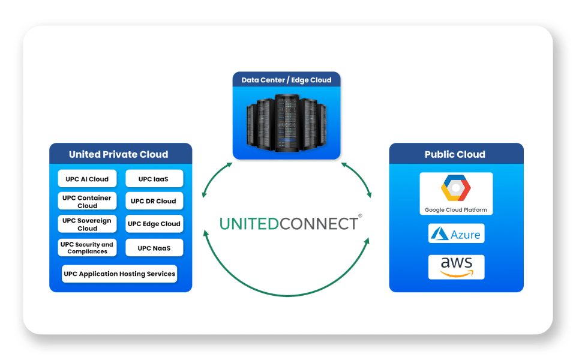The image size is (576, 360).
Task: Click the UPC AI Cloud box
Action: point(87,179)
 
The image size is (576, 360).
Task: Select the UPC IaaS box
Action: point(154,179)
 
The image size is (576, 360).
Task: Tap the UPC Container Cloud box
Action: point(87,202)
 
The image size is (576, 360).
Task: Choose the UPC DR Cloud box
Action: point(154,201)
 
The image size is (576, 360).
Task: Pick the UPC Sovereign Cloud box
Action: point(87,224)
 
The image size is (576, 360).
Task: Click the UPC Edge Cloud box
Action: point(154,224)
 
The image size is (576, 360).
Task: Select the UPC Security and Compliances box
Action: point(87,248)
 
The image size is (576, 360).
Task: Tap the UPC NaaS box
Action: point(154,248)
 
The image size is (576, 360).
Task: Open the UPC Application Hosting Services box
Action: point(119,274)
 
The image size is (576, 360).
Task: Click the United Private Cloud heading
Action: point(119,154)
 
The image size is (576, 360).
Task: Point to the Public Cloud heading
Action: point(455,154)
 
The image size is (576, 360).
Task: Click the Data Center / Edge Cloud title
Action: point(286,80)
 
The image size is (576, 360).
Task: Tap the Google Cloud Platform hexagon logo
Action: point(456,189)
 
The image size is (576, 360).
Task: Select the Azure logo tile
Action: point(456,233)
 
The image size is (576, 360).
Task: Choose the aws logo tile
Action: point(456,267)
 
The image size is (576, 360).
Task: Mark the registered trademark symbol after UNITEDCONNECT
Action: point(360,215)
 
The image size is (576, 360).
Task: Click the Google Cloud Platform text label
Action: point(456,210)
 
